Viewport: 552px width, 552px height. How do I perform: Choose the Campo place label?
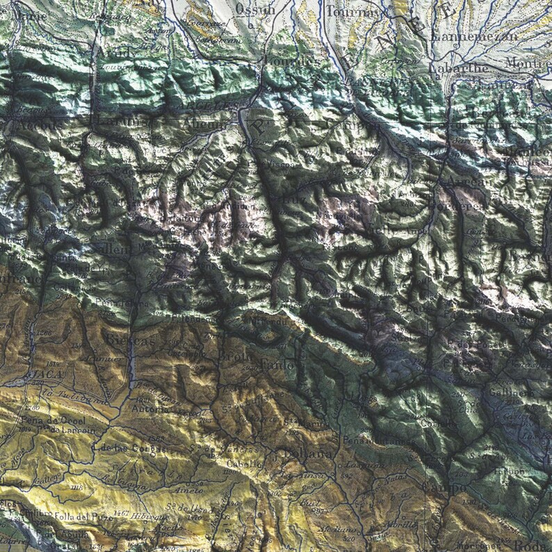448,489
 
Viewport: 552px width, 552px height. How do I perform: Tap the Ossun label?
250,8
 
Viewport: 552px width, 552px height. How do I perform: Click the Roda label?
539,545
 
